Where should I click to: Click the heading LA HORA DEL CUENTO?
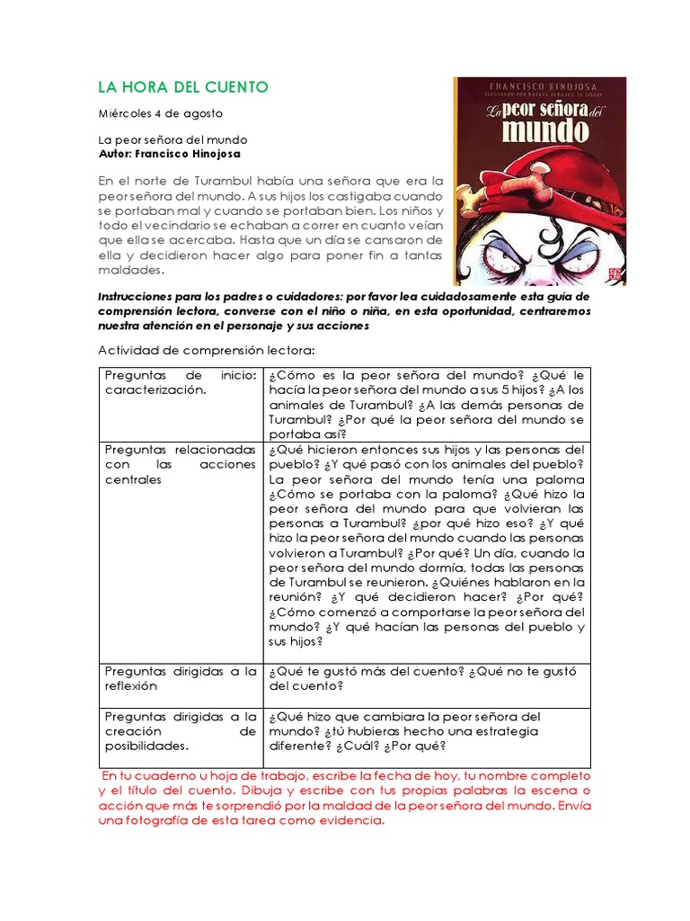182,87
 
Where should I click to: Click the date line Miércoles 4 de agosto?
160,113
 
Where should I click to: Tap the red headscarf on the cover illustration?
575,184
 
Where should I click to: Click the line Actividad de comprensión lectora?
202,350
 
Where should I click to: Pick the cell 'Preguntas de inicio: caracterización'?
180,382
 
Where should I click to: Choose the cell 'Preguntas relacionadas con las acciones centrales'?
180,464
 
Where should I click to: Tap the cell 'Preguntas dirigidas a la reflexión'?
180,678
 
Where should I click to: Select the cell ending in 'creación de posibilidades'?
180,731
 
